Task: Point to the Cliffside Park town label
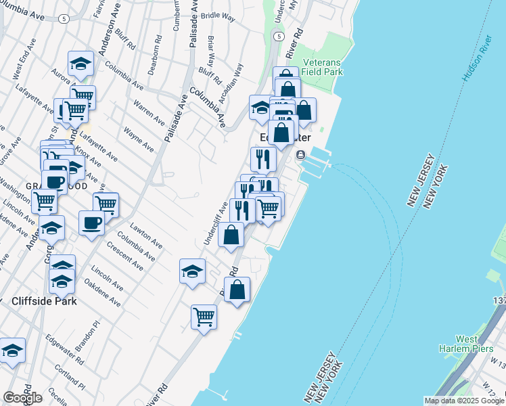coord(44,301)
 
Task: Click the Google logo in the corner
coord(22,397)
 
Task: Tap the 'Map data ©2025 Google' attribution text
coord(463,401)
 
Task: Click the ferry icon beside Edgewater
coord(301,155)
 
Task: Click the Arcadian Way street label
coord(237,80)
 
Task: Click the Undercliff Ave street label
coord(216,223)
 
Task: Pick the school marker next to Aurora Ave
coord(80,64)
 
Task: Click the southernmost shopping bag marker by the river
coord(237,290)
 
